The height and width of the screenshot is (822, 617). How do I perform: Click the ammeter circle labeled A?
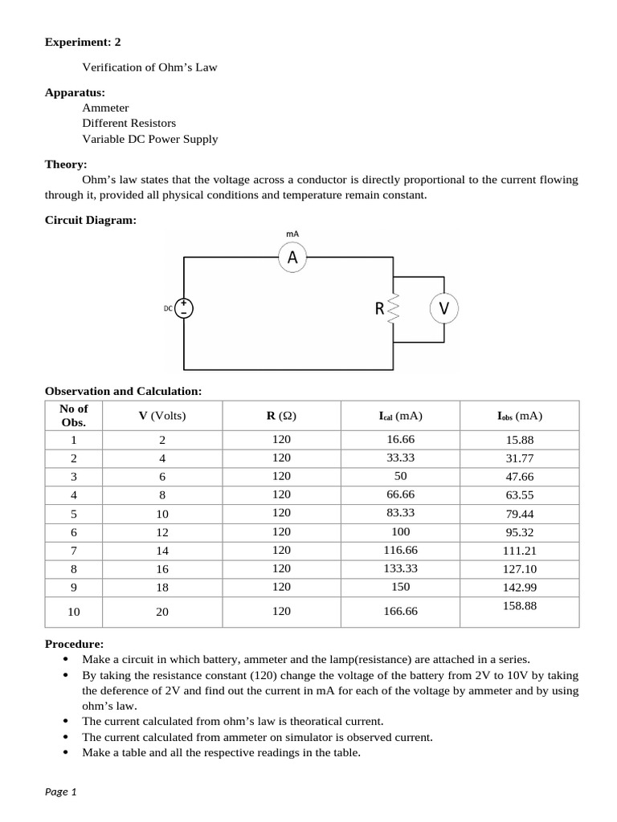coord(292,257)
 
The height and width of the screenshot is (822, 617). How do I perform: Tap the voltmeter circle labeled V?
coord(443,307)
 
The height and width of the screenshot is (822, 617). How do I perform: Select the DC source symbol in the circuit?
coord(184,307)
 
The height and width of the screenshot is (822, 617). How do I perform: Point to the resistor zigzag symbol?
coord(393,308)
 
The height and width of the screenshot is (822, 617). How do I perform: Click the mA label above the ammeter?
coord(292,234)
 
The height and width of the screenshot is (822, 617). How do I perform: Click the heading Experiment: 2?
coord(83,42)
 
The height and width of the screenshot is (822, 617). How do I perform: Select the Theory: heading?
coord(65,164)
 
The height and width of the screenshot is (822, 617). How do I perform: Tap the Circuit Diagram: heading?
coord(90,220)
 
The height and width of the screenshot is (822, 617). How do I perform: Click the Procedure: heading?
coord(74,644)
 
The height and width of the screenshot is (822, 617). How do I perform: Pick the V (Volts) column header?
coord(161,416)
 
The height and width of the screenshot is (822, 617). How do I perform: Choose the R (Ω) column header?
coord(281,416)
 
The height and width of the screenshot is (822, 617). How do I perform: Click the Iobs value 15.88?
coord(519,440)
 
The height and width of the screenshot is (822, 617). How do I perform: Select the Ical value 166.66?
coord(401,611)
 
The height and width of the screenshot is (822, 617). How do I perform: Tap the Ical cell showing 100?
coord(401,531)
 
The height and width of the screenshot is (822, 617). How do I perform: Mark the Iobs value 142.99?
coord(519,588)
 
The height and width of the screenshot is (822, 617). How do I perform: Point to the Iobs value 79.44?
coord(519,514)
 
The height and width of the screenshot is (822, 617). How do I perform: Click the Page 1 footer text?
coord(60,791)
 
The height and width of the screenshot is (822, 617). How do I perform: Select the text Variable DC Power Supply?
coord(149,139)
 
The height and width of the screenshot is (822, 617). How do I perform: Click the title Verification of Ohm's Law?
coord(149,67)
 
